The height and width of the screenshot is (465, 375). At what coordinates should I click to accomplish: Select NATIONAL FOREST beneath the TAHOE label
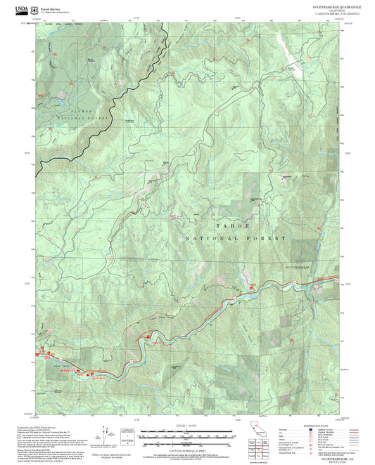point(235,239)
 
